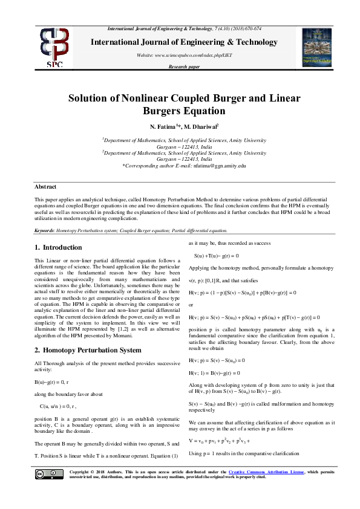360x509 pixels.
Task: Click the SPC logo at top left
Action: (54, 46)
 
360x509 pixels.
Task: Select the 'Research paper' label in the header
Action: (184, 66)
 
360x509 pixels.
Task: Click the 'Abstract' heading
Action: (45, 187)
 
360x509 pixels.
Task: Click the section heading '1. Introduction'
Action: (58, 247)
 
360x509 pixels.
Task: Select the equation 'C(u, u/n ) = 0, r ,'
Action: (67, 405)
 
